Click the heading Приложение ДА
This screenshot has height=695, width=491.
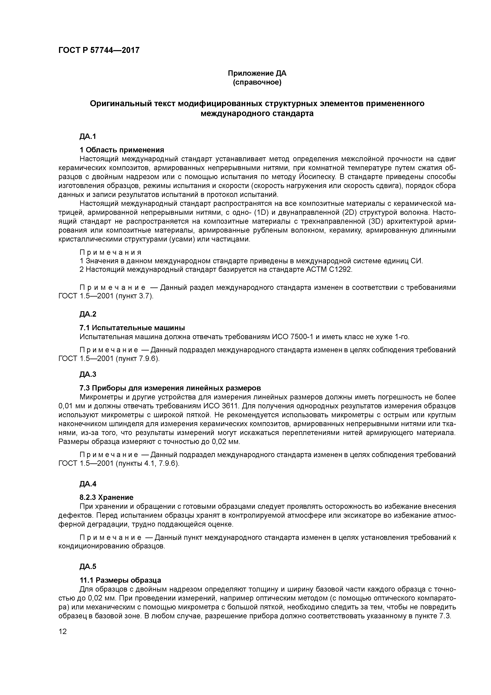click(x=257, y=73)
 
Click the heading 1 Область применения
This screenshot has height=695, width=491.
click(x=122, y=150)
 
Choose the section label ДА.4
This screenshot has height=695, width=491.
click(x=88, y=484)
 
